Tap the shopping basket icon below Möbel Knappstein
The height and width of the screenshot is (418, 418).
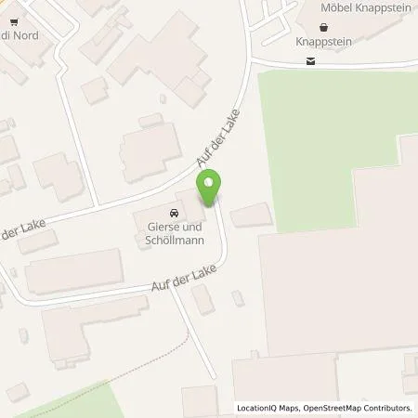(x=323, y=27)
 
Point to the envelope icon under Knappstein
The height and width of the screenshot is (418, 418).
(x=309, y=61)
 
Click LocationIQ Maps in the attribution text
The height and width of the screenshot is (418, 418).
(x=268, y=408)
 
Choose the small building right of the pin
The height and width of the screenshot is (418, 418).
(x=251, y=216)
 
